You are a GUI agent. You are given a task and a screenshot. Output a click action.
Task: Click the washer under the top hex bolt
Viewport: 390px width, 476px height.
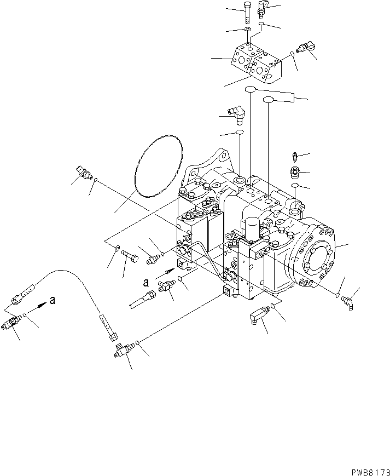(x=247, y=29)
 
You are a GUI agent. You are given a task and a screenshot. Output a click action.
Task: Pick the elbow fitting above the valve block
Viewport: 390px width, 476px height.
(x=262, y=10)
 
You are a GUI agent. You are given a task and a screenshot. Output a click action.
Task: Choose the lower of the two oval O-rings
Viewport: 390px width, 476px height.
(x=269, y=99)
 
